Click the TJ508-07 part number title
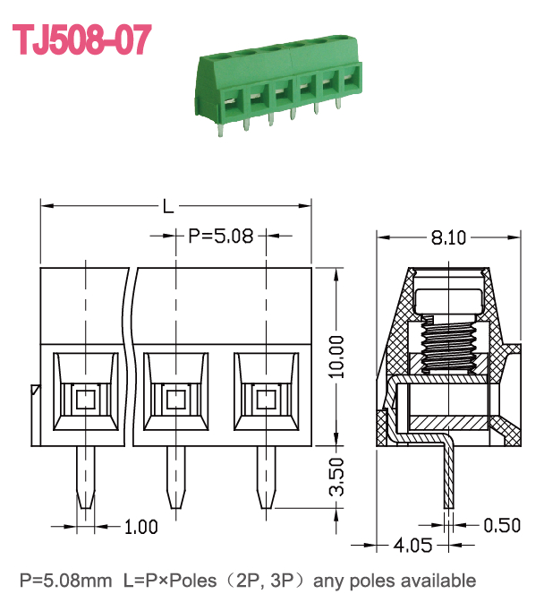click(x=82, y=39)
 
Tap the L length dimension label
click(x=168, y=206)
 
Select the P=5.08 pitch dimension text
click(x=220, y=236)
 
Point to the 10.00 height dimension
click(x=336, y=357)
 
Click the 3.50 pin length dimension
click(x=336, y=477)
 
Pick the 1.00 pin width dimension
click(x=140, y=527)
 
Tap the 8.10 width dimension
click(x=448, y=238)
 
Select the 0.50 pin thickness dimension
click(x=502, y=525)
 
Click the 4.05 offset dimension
click(x=412, y=545)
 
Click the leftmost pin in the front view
click(x=86, y=478)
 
